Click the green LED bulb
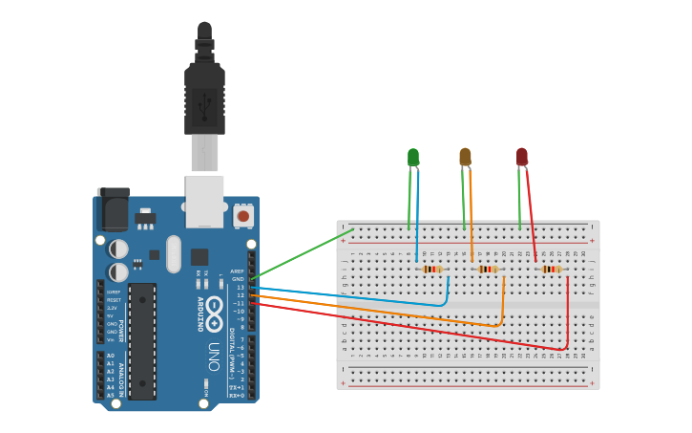(x=412, y=157)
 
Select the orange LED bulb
(x=465, y=157)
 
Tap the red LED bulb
(x=521, y=157)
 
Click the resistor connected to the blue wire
(x=432, y=270)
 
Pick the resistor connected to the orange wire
(x=488, y=270)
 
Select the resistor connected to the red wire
(x=552, y=270)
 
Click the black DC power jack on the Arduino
(x=112, y=208)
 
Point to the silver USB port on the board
(x=205, y=201)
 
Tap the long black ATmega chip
(x=142, y=340)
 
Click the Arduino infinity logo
(x=214, y=312)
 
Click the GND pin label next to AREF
(x=238, y=279)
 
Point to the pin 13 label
(x=240, y=287)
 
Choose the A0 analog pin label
(x=111, y=356)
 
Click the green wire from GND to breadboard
(x=301, y=253)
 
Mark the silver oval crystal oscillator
(x=173, y=254)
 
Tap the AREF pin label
(x=238, y=271)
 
